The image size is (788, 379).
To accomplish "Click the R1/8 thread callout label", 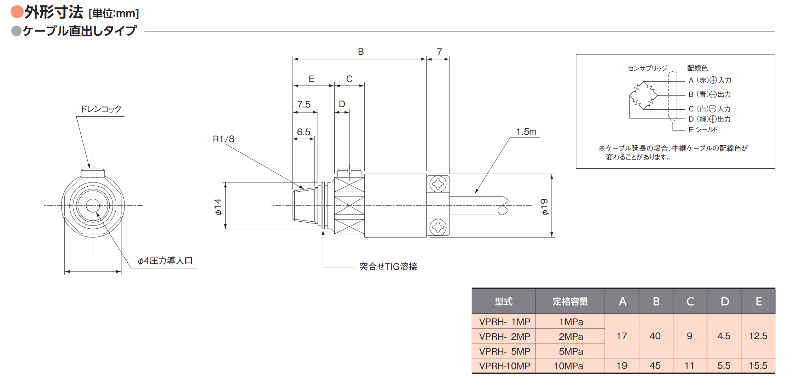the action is tap(224, 139).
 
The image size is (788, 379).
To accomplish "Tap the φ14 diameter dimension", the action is tap(218, 207).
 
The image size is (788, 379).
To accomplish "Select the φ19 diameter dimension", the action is tap(544, 207).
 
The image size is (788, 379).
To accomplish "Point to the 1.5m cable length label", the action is tap(526, 132).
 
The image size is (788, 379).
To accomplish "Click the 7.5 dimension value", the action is tap(304, 104).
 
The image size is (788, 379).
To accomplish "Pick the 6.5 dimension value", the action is tap(304, 132).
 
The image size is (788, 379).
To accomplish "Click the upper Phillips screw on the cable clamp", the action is tap(438, 184).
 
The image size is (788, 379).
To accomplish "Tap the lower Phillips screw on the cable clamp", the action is tap(438, 227).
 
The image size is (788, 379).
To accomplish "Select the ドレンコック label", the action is tap(101, 109).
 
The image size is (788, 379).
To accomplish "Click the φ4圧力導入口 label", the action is tap(165, 261).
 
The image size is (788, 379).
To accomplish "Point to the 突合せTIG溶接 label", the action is tap(388, 266).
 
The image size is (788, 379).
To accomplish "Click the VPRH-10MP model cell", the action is tap(504, 366).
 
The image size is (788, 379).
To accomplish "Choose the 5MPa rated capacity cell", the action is tap(571, 351).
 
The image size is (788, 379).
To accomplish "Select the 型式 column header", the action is tap(504, 301).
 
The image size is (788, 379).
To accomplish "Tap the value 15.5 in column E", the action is tap(758, 366).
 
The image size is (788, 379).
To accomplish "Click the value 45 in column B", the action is tap(655, 366).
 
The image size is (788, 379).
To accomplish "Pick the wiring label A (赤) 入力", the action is tap(710, 80).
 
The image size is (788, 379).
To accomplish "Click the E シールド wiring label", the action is tap(703, 129).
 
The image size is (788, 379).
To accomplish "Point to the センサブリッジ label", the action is tap(647, 68).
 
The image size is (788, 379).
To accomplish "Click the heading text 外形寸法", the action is tap(54, 12).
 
